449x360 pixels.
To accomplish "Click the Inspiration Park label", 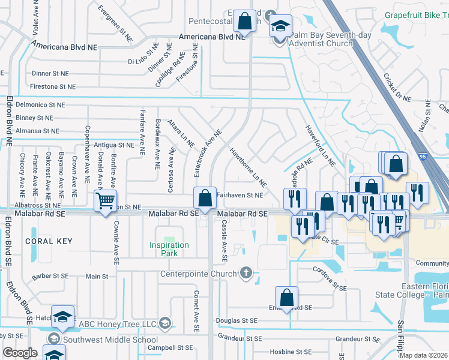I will click(169, 249).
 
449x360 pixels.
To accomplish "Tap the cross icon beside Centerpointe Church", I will click(245, 274).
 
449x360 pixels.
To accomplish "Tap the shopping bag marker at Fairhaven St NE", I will click(205, 197).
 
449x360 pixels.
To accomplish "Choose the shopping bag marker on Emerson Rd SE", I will click(287, 297).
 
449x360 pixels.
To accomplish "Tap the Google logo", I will click(20, 353).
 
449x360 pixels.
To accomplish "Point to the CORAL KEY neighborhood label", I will click(49, 241).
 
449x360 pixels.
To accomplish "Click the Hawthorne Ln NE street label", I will click(247, 167).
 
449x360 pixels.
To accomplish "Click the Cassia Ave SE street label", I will click(224, 248).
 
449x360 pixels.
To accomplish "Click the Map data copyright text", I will click(423, 355).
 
